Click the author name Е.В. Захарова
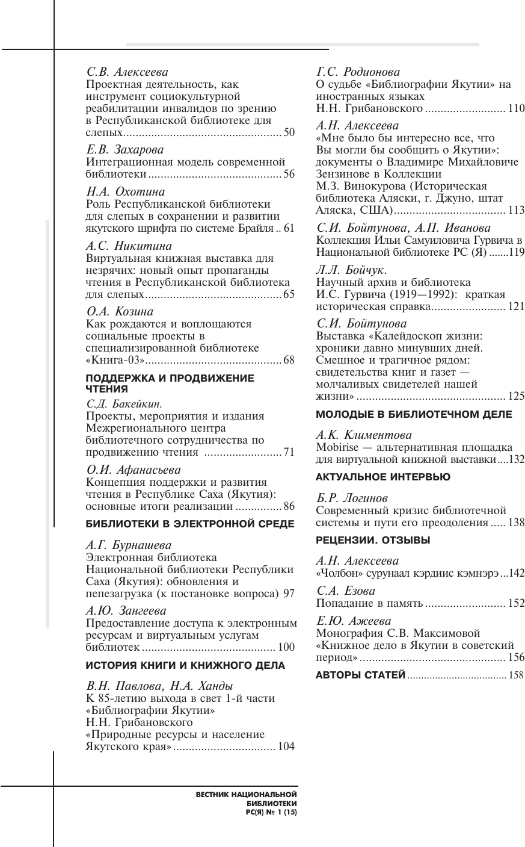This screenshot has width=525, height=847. tap(125, 149)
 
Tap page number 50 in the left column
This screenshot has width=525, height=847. tap(289, 132)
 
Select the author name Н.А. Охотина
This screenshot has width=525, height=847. tap(126, 192)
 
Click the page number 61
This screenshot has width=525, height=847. tap(289, 229)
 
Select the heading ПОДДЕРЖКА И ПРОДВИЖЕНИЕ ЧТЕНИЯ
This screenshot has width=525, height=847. tap(170, 383)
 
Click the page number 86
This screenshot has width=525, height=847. tap(289, 506)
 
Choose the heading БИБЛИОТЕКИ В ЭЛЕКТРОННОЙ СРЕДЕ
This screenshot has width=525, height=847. tap(190, 524)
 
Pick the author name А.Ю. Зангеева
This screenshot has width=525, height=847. tap(126, 610)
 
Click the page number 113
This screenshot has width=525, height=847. tap(516, 210)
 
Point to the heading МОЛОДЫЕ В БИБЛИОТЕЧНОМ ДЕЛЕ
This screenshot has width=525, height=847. tap(414, 414)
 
